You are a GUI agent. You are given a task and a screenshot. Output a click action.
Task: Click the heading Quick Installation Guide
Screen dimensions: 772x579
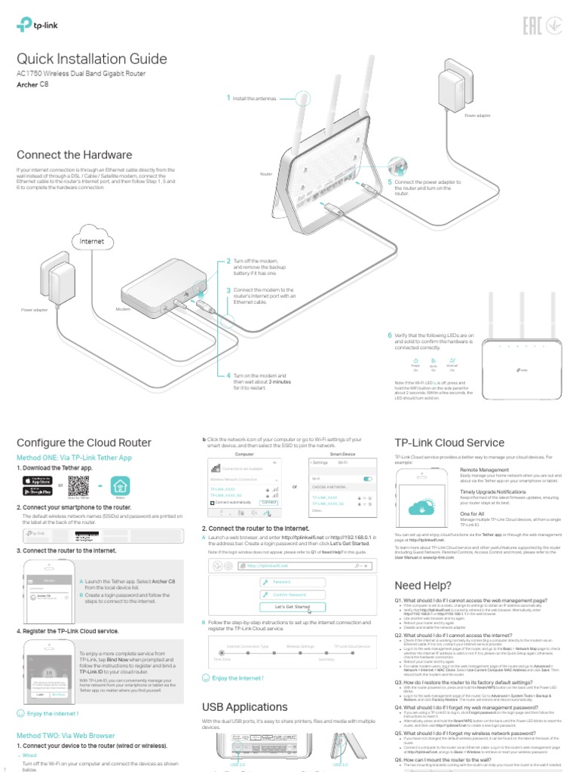click(92, 60)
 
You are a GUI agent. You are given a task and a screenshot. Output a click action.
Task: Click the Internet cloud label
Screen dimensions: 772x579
click(86, 241)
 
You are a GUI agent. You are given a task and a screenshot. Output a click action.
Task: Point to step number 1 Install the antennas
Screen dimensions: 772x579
click(228, 98)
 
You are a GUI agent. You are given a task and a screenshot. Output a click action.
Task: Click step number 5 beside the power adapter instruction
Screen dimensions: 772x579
click(390, 182)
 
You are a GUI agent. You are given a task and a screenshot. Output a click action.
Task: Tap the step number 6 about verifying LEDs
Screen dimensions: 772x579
click(390, 335)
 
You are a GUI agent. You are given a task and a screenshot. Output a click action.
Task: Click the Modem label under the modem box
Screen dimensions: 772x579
click(123, 310)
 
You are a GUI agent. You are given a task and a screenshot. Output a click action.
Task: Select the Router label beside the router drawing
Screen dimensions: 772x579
click(265, 173)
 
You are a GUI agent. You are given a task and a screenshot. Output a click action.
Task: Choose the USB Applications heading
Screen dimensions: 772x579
click(245, 707)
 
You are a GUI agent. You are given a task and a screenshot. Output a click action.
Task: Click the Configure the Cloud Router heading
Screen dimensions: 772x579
click(84, 443)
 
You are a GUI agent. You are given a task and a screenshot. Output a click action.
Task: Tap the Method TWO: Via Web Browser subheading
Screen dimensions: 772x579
click(66, 735)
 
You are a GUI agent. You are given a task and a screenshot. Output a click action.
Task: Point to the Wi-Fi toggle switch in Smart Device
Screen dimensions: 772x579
click(368, 479)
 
